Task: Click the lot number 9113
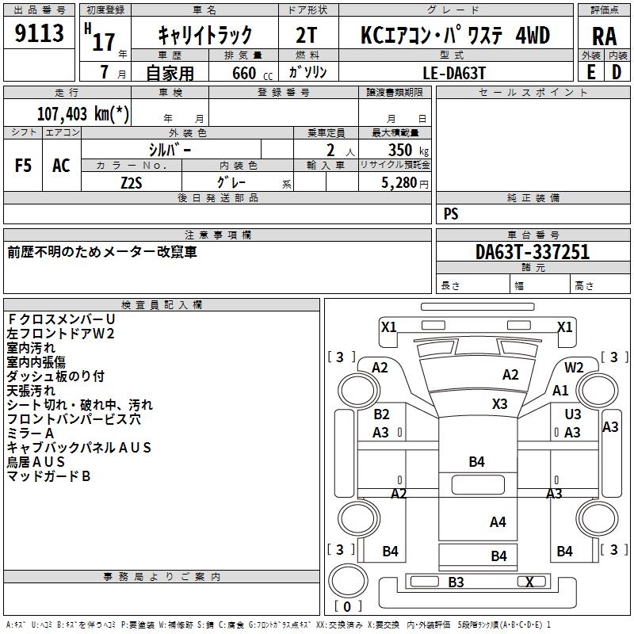[39, 32]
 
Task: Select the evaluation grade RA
[604, 36]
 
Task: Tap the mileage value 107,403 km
[83, 113]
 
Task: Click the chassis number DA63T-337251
[533, 251]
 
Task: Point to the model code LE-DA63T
[453, 73]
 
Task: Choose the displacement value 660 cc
[252, 73]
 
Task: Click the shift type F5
[23, 166]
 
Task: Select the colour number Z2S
[132, 183]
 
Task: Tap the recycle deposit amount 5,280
[399, 182]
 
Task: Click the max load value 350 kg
[408, 150]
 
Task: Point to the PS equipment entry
[451, 213]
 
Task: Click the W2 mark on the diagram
[574, 367]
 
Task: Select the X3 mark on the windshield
[500, 403]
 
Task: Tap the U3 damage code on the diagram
[572, 414]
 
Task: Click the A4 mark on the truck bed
[498, 521]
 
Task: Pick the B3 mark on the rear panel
[456, 582]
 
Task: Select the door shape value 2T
[306, 35]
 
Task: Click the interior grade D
[617, 72]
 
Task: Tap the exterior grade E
[591, 72]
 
